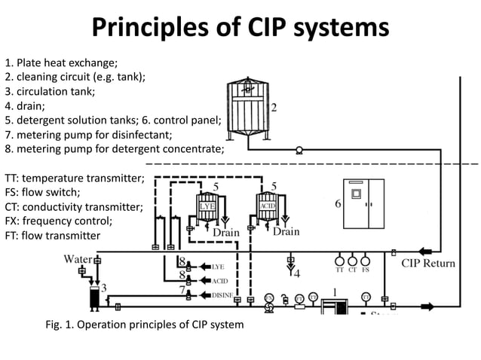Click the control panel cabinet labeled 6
tap(364, 203)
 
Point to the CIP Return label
tap(427, 263)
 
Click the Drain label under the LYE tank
tap(225, 233)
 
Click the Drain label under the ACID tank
tap(286, 232)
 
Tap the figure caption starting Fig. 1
tap(145, 325)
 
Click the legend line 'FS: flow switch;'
tap(42, 192)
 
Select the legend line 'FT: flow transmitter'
tap(52, 235)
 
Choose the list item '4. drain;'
tap(25, 105)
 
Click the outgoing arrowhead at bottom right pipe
tap(428, 307)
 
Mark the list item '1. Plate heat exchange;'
tap(61, 63)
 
